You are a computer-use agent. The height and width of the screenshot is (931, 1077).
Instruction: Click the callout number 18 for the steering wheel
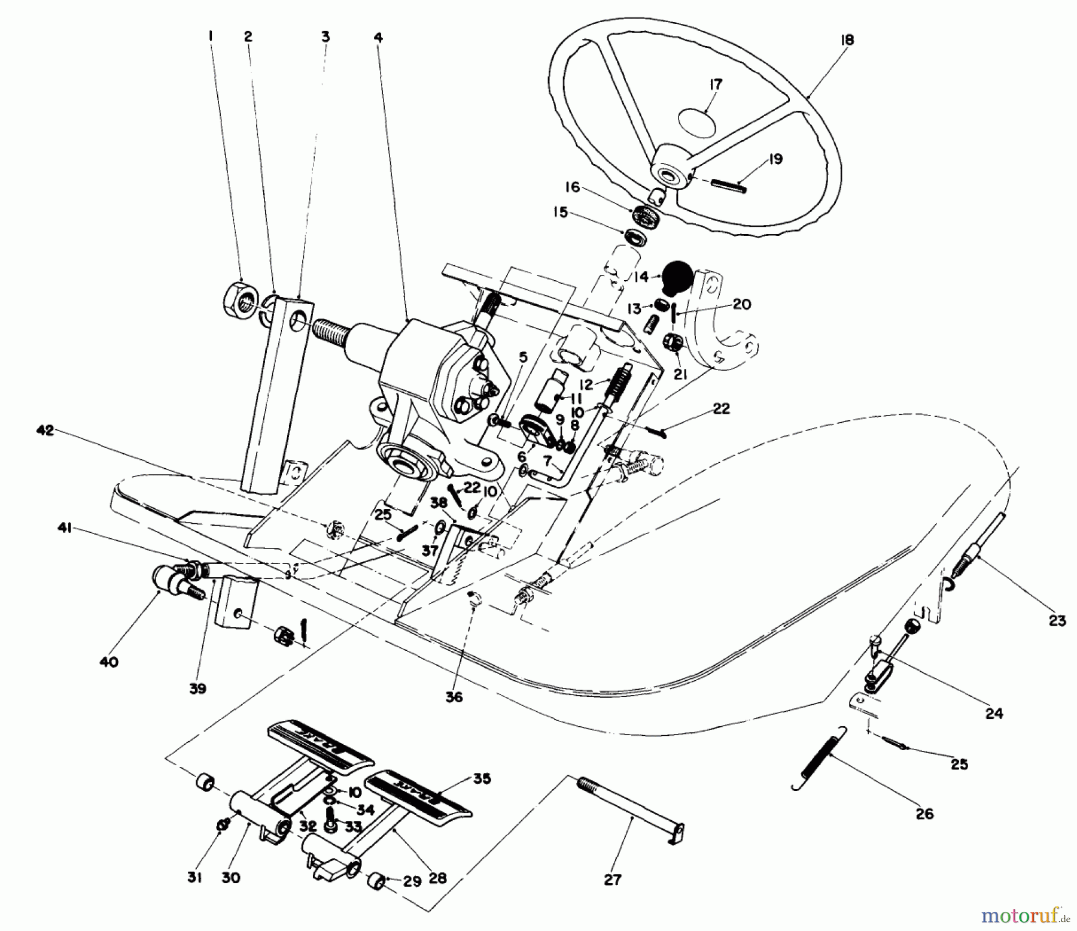pos(847,40)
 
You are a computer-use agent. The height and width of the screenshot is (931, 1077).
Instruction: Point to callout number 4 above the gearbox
pos(378,37)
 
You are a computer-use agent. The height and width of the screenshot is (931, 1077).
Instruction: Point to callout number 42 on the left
pos(45,430)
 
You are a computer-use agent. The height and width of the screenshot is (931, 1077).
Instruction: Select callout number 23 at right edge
pos(1057,621)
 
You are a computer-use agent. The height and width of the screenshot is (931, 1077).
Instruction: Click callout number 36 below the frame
pos(454,698)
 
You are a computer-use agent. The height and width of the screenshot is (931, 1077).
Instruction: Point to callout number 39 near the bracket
pos(197,689)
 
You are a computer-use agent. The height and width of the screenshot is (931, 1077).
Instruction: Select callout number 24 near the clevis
pos(994,714)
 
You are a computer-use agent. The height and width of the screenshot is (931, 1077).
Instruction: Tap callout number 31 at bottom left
pos(194,878)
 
